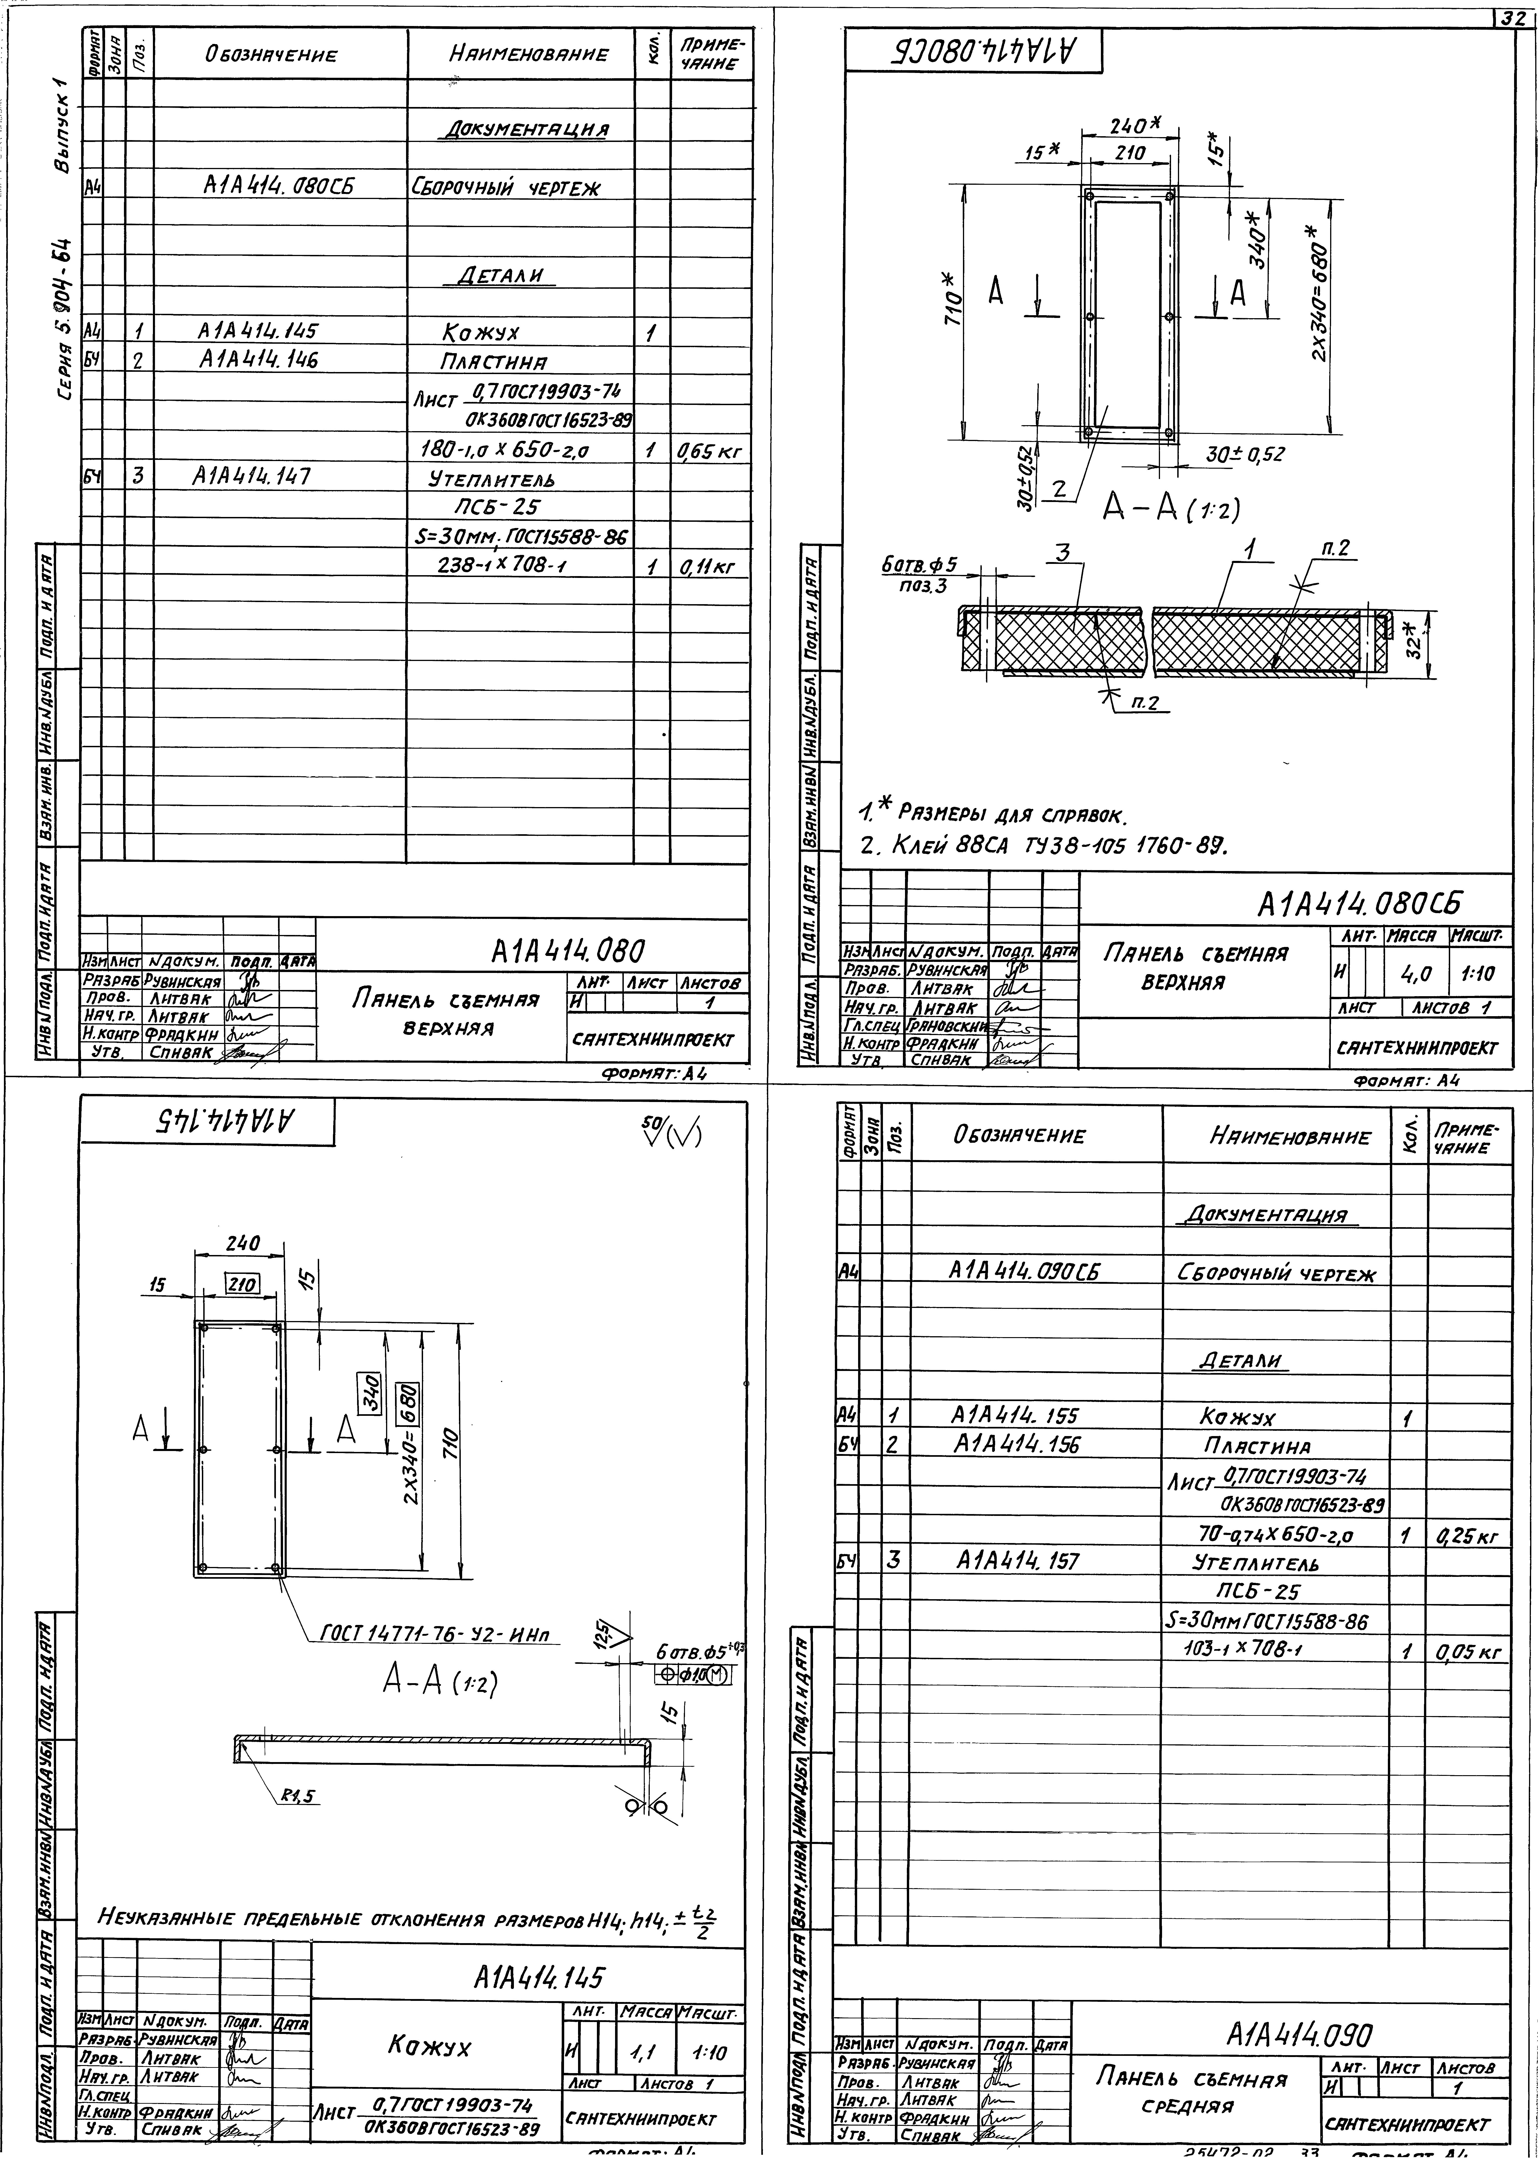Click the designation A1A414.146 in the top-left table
point(258,360)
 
